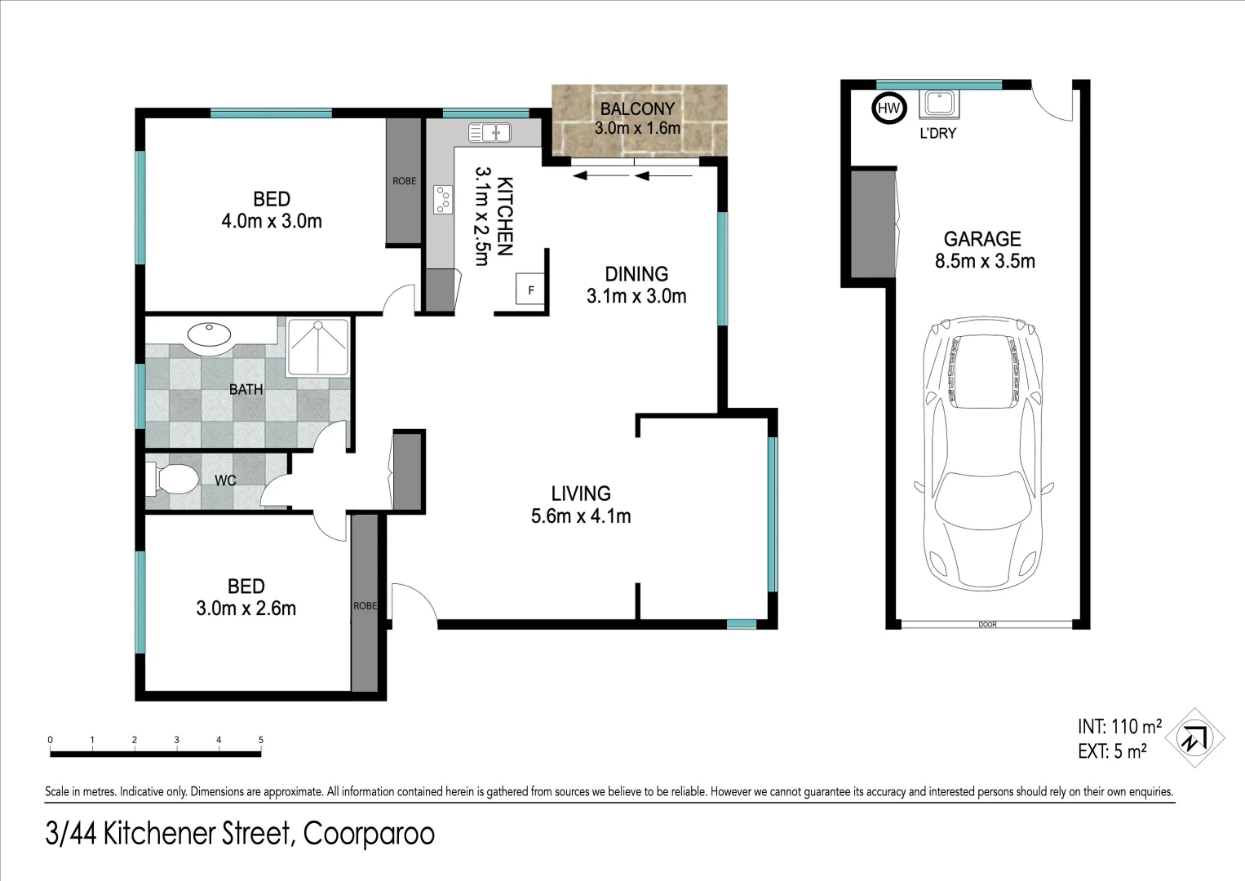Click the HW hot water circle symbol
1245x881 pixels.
coord(888,108)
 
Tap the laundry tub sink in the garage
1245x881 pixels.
coord(939,104)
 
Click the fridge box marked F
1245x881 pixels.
coord(531,290)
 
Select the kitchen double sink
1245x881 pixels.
coord(490,132)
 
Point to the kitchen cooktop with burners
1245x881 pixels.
coord(442,200)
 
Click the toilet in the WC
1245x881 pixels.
coord(172,479)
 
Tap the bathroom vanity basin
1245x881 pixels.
coord(210,334)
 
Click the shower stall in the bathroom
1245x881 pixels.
coord(317,348)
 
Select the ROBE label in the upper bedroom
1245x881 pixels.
coord(404,181)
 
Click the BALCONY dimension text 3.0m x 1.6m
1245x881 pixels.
coord(637,128)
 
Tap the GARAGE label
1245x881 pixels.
coord(982,239)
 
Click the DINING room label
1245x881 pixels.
coord(636,274)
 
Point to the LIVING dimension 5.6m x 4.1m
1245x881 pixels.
coord(581,516)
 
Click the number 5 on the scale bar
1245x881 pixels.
coord(261,740)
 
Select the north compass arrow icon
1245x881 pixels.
coord(1194,737)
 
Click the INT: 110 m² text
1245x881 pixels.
coord(1119,726)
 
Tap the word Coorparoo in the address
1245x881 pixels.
coord(369,834)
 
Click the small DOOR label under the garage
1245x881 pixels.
coord(987,625)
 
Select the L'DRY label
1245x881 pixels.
coord(937,133)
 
